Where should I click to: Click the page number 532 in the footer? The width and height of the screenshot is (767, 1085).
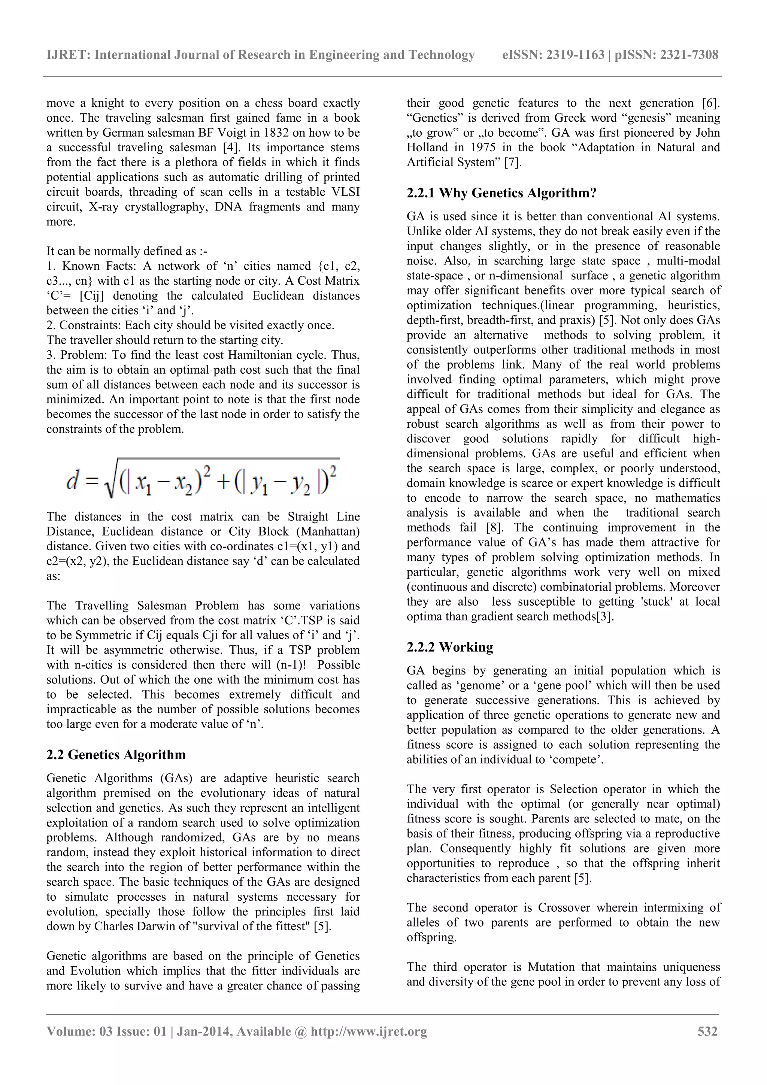pyautogui.click(x=707, y=1031)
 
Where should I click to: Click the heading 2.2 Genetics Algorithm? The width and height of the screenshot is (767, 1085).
pyautogui.click(x=116, y=755)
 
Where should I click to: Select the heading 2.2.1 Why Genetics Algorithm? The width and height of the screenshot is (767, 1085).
pyautogui.click(x=501, y=193)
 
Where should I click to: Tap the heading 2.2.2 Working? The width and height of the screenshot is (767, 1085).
pyautogui.click(x=449, y=647)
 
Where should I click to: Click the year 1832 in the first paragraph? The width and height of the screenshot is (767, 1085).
pyautogui.click(x=274, y=133)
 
